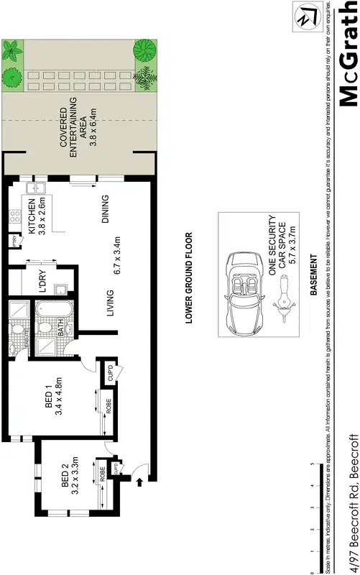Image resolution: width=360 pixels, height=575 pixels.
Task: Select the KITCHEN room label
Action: click(32, 215)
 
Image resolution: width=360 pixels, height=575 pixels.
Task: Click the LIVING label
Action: click(110, 303)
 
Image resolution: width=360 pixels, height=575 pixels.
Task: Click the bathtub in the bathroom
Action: click(51, 313)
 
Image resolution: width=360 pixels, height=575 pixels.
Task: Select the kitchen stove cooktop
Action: click(14, 215)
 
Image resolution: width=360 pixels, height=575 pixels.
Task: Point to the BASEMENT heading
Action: click(313, 275)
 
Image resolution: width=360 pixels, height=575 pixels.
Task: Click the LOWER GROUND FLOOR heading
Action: click(189, 278)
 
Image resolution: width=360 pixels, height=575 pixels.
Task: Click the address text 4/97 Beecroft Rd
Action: click(352, 503)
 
